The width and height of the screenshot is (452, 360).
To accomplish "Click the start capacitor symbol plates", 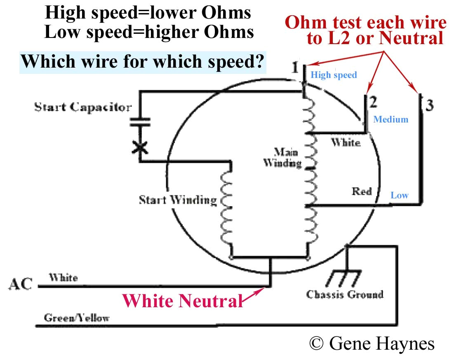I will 141,122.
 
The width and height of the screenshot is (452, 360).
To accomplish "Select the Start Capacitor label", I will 82,108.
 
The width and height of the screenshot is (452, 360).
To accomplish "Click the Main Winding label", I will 282,157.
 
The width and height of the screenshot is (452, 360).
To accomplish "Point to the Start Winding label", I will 178,200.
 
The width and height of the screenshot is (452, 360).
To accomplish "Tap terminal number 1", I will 295,67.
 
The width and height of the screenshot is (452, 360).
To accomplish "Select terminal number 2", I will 374,101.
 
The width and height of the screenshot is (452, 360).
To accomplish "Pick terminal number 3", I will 429,106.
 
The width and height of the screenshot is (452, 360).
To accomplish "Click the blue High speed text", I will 333,75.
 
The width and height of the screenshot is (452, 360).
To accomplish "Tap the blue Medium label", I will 391,120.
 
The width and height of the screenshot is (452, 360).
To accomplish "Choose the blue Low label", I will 399,195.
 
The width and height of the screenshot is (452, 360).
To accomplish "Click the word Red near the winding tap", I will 361,191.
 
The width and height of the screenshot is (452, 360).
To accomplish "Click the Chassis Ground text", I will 345,294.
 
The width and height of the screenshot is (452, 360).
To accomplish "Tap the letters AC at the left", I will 20,285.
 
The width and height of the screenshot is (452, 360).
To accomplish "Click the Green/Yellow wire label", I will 77,318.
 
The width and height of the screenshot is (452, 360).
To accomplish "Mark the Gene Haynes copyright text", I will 371,343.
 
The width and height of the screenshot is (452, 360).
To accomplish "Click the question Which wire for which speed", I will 142,62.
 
